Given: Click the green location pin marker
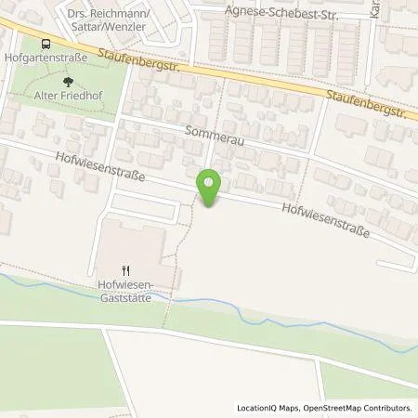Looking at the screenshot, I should click(211, 189).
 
